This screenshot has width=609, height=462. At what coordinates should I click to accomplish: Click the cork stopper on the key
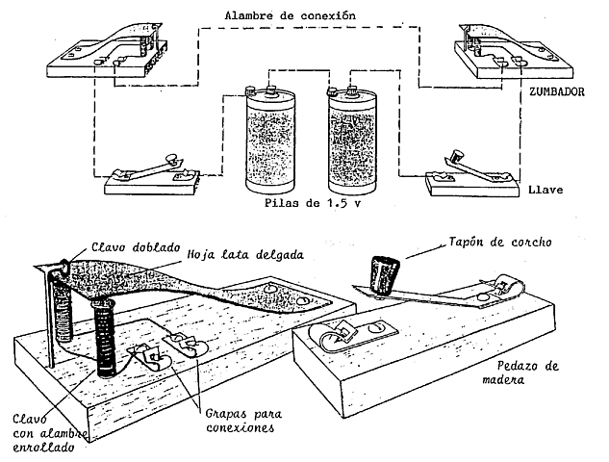coord(385,275)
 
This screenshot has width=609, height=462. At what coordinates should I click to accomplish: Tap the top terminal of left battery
coord(266,91)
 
